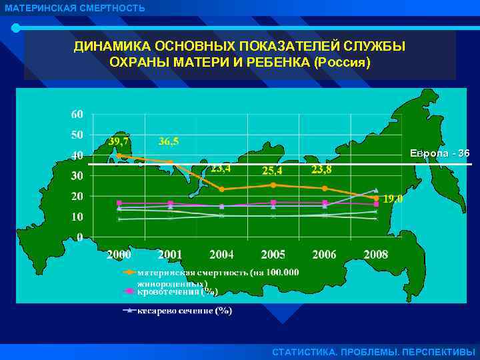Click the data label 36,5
click(169, 141)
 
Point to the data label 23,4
click(221, 169)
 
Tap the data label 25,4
click(273, 171)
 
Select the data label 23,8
click(322, 169)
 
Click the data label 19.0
click(392, 198)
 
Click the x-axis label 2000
click(119, 254)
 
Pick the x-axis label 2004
click(221, 254)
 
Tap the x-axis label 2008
click(376, 254)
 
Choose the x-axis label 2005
click(273, 254)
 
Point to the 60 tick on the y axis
click(77, 114)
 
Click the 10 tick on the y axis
click(77, 217)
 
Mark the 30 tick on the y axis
click(77, 176)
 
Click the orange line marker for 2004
click(222, 189)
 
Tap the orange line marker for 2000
click(119, 155)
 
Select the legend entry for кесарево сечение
click(185, 311)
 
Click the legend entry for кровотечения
click(177, 291)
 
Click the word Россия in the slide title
click(346, 61)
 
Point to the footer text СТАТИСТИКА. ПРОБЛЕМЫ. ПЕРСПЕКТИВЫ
click(374, 351)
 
